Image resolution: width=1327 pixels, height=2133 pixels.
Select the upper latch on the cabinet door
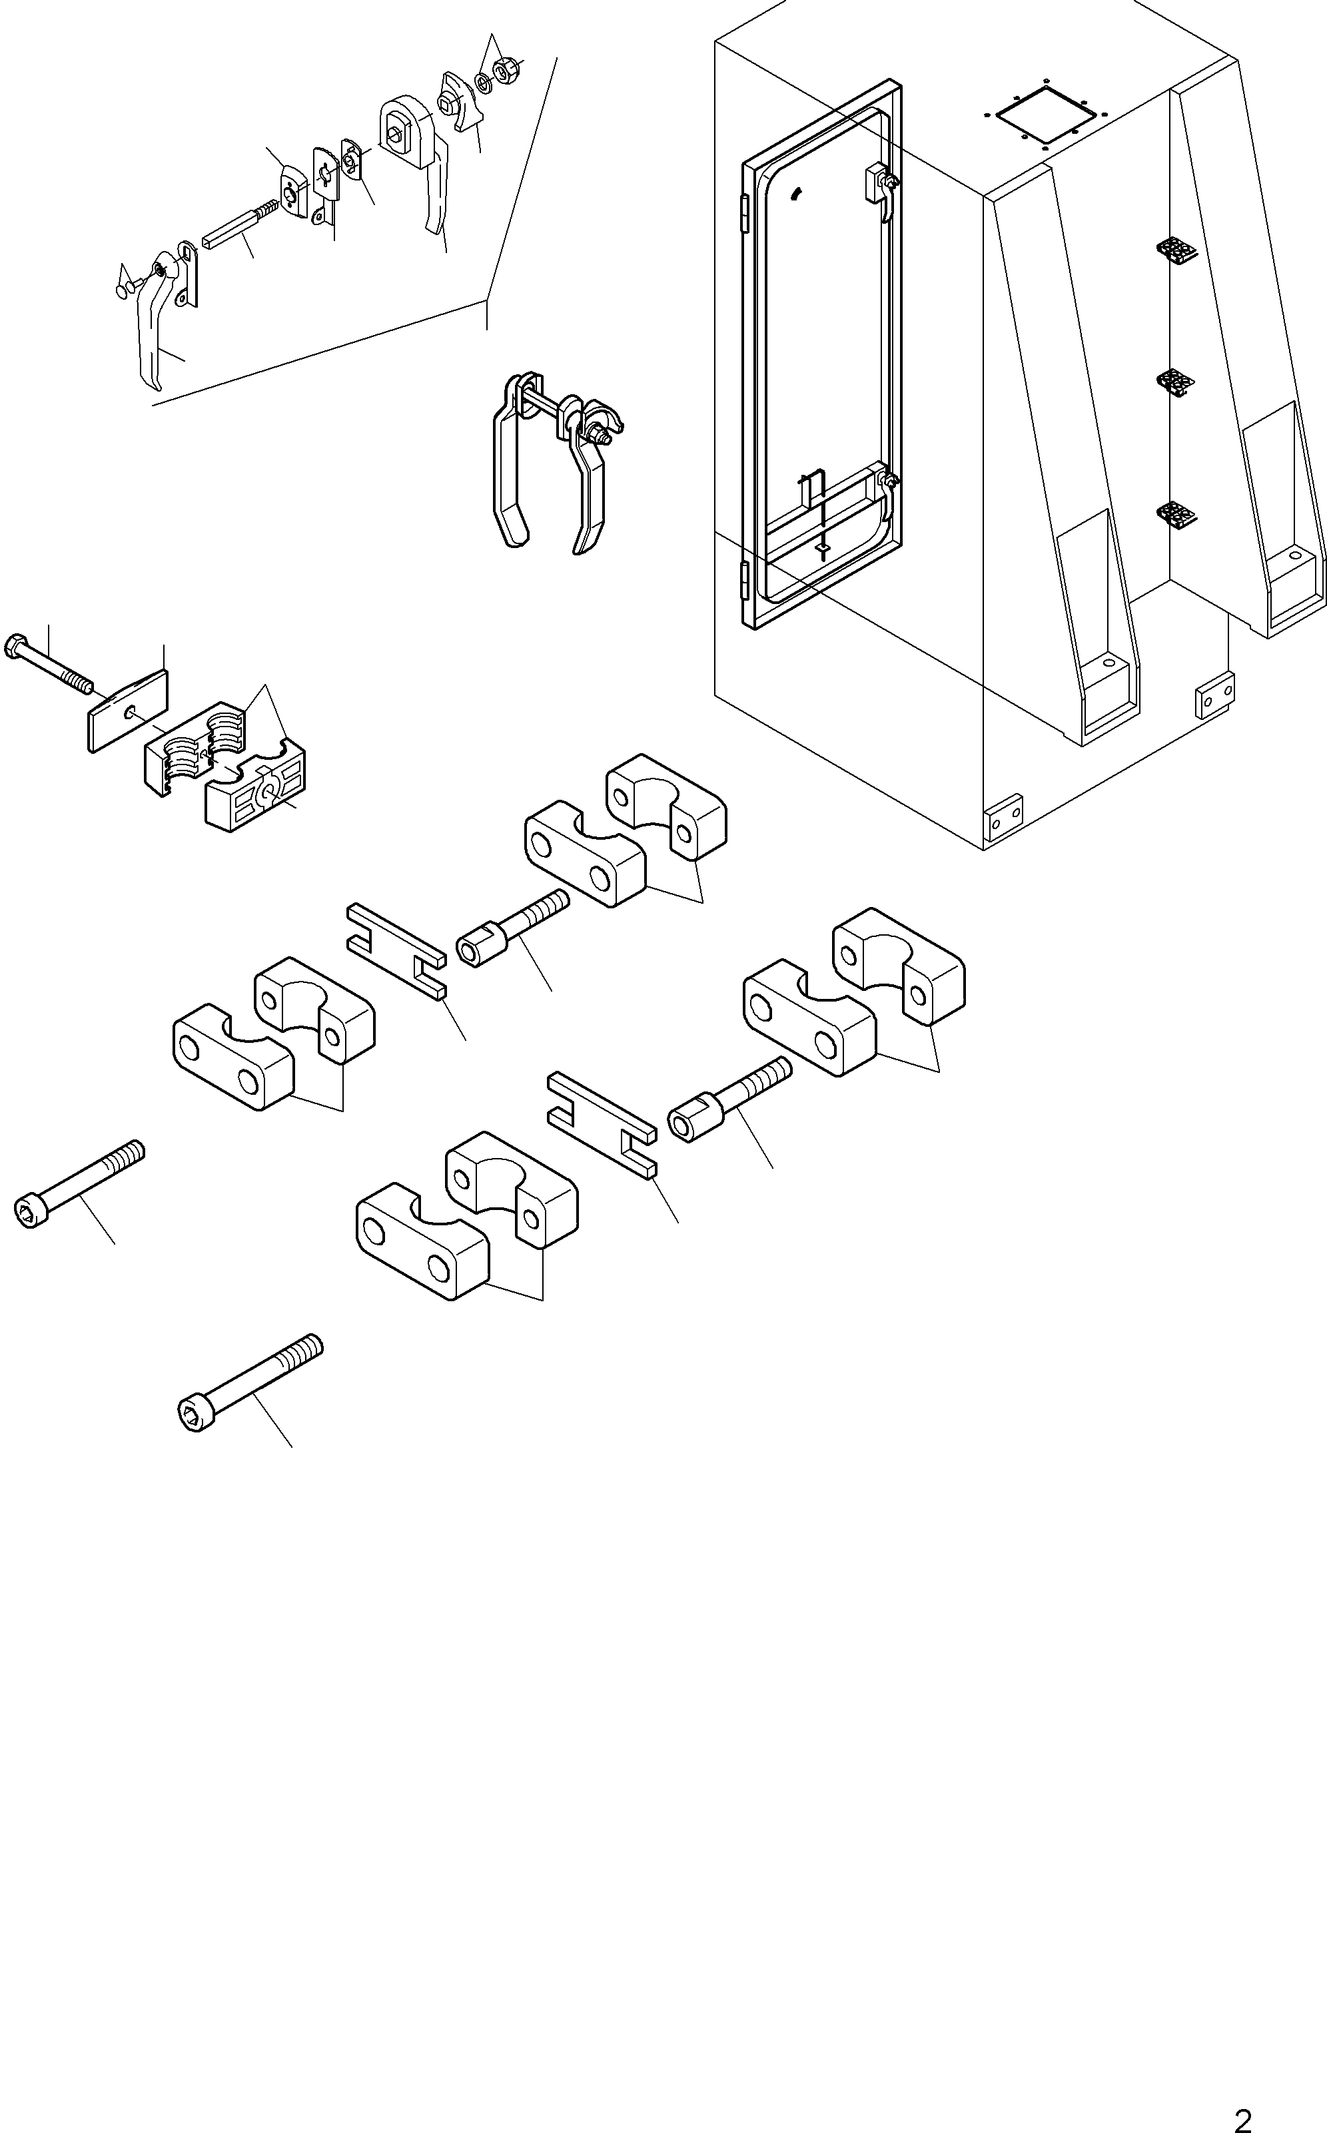click(x=880, y=190)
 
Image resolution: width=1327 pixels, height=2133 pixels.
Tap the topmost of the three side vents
click(x=1176, y=250)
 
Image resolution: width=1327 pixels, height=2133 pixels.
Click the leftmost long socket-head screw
click(x=79, y=1183)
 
